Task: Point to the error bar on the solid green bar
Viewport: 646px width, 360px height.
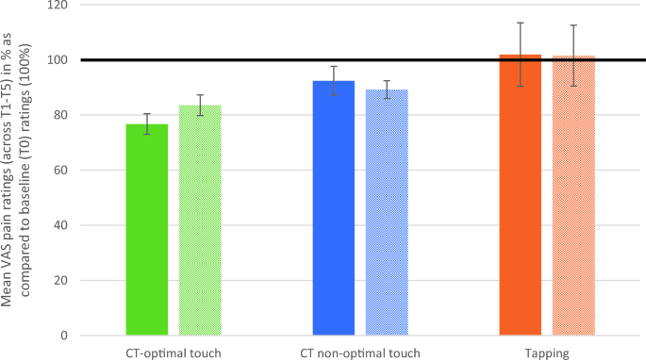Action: (147, 123)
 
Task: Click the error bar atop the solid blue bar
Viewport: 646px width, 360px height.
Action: (334, 80)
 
